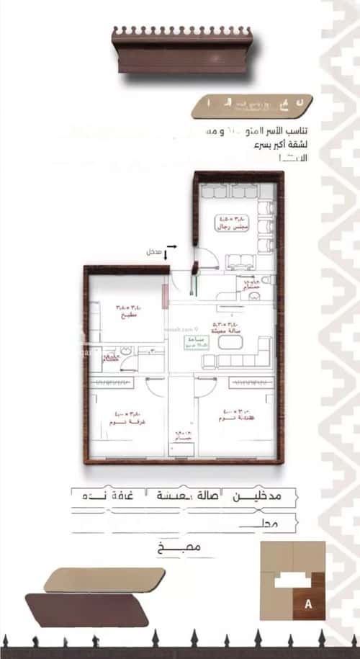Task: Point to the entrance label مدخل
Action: pos(153,253)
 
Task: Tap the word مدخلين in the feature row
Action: pos(263,497)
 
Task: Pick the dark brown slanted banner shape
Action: pos(86,609)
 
